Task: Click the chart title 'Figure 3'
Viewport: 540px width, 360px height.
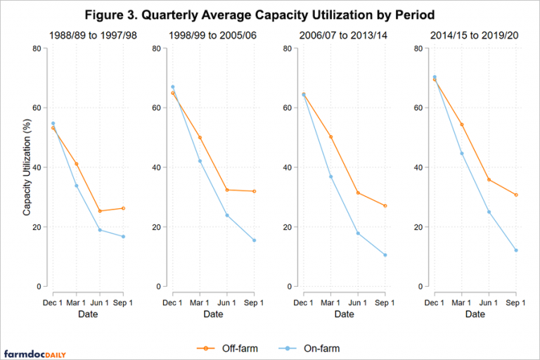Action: pos(269,15)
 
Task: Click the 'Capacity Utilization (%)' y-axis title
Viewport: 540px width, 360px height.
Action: pos(27,167)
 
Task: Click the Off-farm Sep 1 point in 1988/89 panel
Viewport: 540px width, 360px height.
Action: pos(123,208)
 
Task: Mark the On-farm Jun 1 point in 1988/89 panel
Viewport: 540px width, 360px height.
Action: pos(100,230)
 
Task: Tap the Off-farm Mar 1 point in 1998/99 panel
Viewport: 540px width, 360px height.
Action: pos(200,138)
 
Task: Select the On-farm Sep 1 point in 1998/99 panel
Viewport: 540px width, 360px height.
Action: pos(254,240)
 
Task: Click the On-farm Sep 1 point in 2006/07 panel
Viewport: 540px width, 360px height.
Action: pos(385,255)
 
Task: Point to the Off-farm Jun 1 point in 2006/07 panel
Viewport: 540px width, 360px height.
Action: pos(358,193)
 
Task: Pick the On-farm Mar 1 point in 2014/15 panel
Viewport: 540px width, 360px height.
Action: pos(461,153)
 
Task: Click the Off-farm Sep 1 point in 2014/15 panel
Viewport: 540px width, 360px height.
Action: pos(515,195)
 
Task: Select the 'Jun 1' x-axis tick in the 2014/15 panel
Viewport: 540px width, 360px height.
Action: pos(489,302)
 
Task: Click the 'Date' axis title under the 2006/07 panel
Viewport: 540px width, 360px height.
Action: pos(344,314)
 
